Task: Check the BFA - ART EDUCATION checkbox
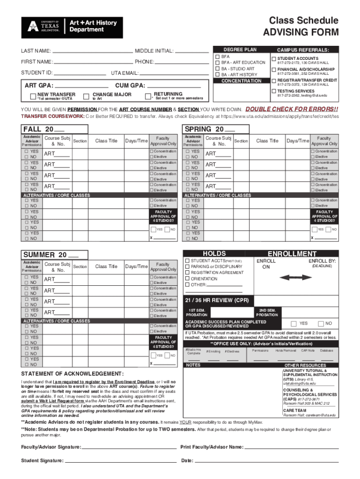click(x=217, y=62)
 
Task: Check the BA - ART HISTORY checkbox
click(x=217, y=74)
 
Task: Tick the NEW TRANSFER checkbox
click(x=33, y=96)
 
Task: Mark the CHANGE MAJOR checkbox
click(x=86, y=96)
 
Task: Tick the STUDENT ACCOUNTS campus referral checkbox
click(x=274, y=58)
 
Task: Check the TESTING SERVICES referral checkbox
click(x=274, y=91)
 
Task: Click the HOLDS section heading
click(x=214, y=254)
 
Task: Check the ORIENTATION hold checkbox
click(x=187, y=278)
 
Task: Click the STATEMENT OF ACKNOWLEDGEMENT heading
click(x=72, y=374)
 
